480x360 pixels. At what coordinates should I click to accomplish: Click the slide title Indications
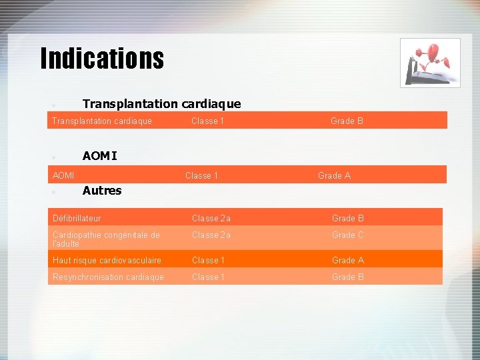[102, 58]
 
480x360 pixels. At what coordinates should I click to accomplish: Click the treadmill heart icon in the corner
[430, 63]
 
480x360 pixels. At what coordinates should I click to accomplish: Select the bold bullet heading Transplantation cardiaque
[161, 103]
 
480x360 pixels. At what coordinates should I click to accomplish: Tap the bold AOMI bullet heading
[99, 156]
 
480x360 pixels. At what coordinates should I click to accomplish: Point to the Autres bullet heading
[102, 191]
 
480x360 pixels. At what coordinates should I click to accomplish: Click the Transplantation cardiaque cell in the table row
[102, 121]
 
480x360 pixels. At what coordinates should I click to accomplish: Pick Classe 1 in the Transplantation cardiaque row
[207, 121]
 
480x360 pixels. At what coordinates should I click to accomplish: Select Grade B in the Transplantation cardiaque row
[347, 121]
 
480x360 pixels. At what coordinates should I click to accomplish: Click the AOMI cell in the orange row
[63, 175]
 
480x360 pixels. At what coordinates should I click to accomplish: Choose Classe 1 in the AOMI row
[201, 175]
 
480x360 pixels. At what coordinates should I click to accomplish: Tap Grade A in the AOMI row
[334, 175]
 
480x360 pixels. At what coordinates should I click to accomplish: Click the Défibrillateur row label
[77, 218]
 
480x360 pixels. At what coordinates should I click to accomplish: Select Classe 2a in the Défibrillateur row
[211, 218]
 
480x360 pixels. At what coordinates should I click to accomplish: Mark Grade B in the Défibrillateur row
[348, 218]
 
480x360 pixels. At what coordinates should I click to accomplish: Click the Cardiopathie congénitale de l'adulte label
[106, 239]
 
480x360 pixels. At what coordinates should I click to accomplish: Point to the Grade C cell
[348, 235]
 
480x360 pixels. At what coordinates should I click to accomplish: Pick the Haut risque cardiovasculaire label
[107, 260]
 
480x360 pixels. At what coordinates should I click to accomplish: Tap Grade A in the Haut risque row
[348, 260]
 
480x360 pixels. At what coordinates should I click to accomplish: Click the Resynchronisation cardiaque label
[108, 277]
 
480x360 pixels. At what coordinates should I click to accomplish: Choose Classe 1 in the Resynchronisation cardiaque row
[208, 277]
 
